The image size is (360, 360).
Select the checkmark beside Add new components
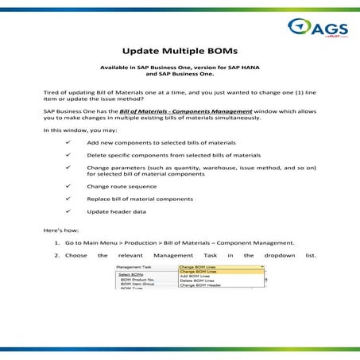[71, 141]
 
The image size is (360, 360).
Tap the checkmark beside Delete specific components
[71, 154]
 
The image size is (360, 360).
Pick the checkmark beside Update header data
[71, 211]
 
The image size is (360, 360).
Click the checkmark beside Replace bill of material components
[71, 198]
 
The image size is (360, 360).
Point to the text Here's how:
[60, 228]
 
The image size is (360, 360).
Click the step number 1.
[57, 242]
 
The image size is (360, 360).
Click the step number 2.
[57, 255]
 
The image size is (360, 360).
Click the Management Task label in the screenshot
[134, 268]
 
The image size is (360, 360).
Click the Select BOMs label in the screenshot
[130, 276]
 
